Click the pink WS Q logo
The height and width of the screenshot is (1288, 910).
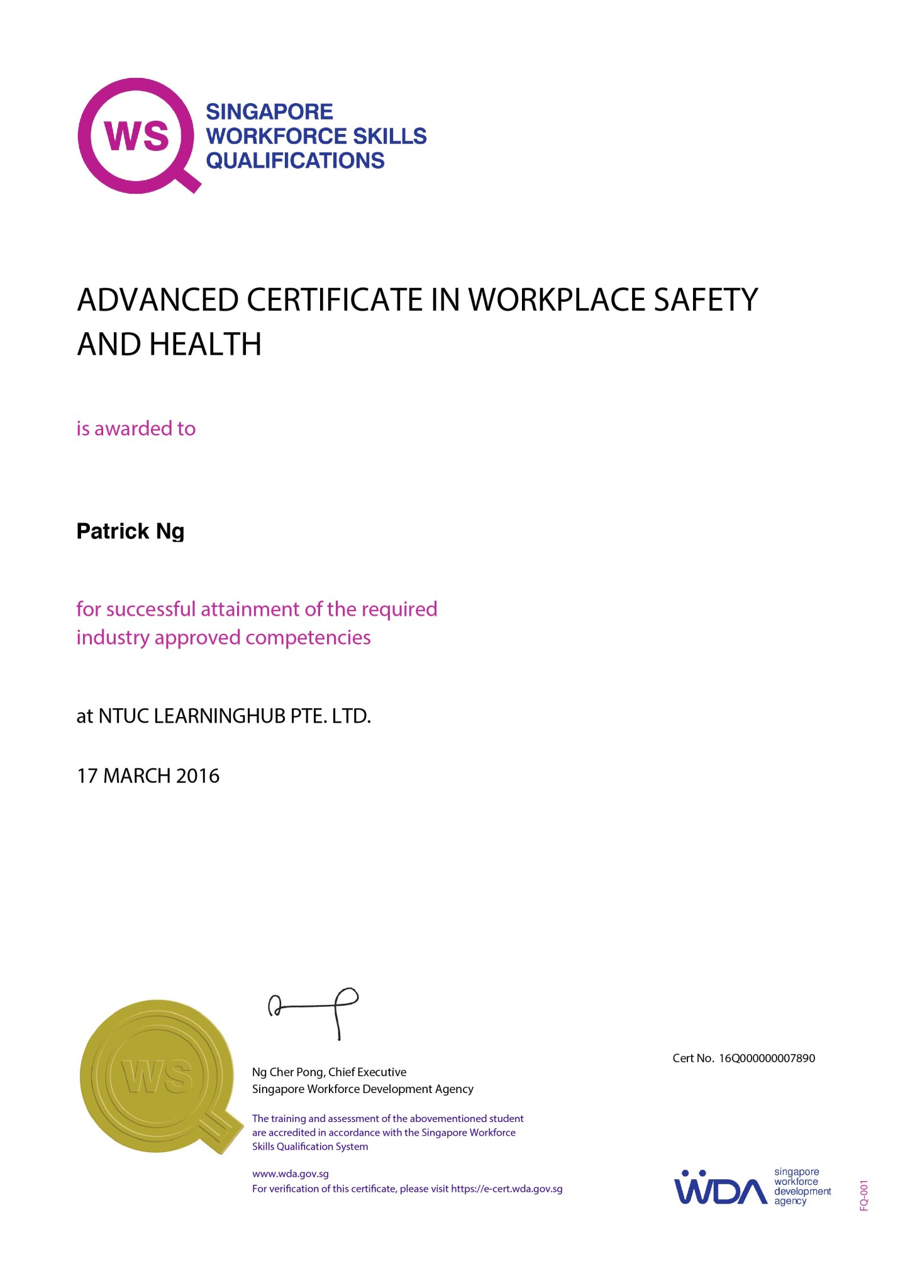(136, 135)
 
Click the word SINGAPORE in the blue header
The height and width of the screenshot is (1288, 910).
(269, 112)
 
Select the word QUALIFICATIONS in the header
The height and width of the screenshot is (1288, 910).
(295, 161)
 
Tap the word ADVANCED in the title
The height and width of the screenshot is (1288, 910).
(157, 300)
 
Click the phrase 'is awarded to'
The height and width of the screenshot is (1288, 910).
(136, 429)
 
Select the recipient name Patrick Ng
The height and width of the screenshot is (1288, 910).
(130, 531)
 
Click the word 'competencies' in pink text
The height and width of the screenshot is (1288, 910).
(308, 638)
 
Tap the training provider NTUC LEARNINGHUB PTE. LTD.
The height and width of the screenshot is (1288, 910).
(234, 716)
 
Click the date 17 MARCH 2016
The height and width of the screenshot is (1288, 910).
(148, 776)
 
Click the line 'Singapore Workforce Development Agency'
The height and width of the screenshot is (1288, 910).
(363, 1089)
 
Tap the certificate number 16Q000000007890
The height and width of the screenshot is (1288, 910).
(767, 1058)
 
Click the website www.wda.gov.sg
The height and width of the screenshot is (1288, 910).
(291, 1174)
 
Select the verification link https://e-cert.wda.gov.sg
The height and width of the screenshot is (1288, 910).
(507, 1189)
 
